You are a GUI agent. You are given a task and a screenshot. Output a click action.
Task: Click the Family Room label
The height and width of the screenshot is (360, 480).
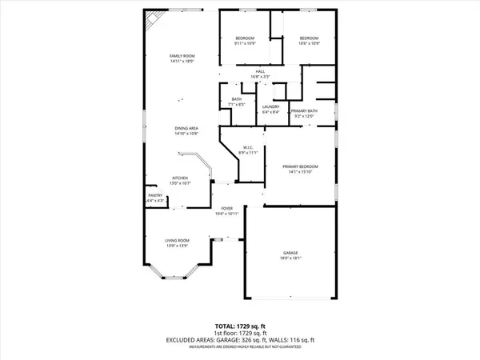(182, 55)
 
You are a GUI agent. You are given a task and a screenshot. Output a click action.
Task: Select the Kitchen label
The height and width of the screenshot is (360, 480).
(181, 178)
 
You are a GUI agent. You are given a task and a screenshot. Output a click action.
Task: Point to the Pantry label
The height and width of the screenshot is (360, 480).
(154, 195)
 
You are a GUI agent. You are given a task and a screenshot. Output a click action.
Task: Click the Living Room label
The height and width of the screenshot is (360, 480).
(176, 240)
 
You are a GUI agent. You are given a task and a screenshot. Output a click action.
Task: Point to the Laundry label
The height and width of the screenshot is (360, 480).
(270, 107)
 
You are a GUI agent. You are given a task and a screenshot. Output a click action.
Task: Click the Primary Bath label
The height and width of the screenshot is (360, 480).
(305, 111)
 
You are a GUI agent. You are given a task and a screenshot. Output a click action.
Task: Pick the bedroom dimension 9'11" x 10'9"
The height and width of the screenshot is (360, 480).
(245, 44)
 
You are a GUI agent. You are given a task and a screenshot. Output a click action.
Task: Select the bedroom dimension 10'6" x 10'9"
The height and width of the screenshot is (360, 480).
(309, 44)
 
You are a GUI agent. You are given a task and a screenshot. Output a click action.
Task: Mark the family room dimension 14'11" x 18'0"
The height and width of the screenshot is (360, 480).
(182, 60)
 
